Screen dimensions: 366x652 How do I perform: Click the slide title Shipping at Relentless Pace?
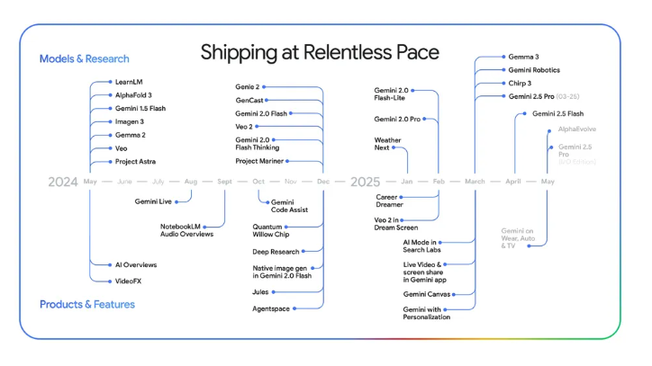point(320,51)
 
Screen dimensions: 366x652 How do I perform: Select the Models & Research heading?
point(85,58)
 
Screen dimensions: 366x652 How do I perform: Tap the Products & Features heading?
point(87,304)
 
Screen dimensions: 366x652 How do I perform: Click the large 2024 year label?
point(63,182)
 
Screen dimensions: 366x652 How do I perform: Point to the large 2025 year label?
point(365,182)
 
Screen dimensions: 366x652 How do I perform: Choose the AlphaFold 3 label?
point(133,94)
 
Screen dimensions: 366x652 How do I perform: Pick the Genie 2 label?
point(248,87)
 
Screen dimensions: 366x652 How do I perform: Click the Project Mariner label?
point(259,161)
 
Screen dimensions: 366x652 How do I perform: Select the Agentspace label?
point(272,308)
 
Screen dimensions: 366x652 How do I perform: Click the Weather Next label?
point(387,144)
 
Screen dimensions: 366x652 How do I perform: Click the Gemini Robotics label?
point(534,69)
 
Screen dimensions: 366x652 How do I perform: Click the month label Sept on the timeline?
point(225,182)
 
